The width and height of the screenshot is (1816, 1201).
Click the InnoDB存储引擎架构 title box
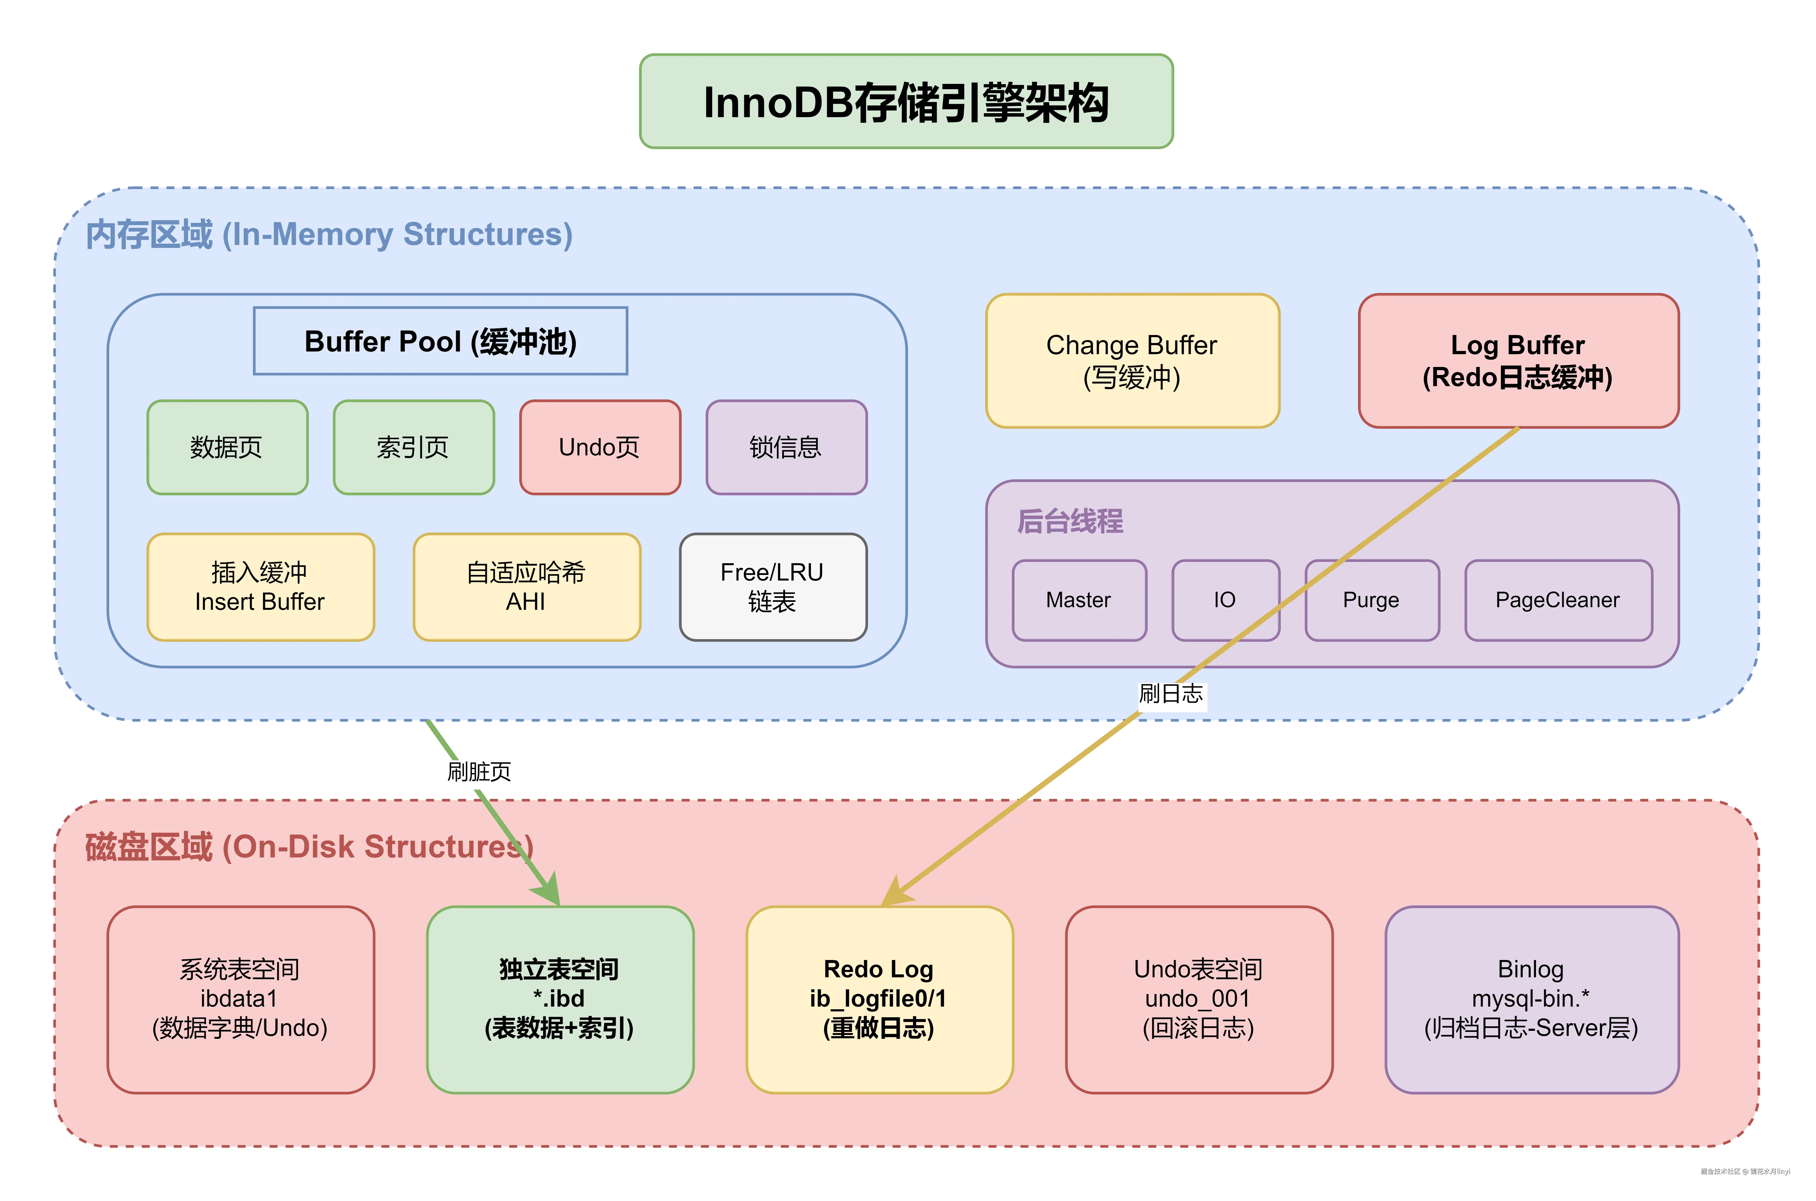click(x=906, y=101)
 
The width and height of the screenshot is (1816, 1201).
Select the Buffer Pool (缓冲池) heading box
click(x=440, y=341)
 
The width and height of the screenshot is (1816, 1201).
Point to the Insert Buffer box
click(x=260, y=587)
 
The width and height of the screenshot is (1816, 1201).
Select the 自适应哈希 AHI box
click(x=526, y=587)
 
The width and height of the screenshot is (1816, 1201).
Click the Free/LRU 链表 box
click(x=773, y=587)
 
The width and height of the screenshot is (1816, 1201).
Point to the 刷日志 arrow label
click(x=1171, y=694)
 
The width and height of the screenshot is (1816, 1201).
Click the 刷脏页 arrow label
click(x=479, y=771)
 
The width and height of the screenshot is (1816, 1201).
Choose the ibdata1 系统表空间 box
click(x=240, y=999)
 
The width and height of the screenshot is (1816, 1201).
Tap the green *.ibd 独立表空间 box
click(x=560, y=999)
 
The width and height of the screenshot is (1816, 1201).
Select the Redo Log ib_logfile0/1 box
click(x=879, y=999)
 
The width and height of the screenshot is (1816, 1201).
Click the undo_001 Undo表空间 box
click(x=1199, y=999)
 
